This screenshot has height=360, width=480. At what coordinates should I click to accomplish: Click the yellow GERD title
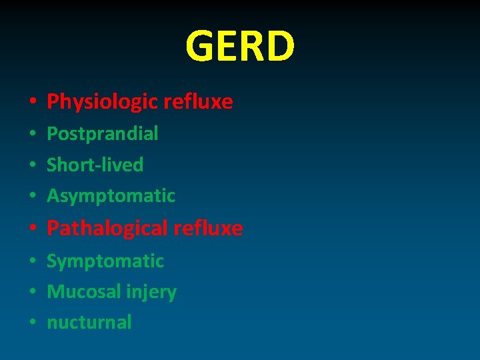tap(240, 46)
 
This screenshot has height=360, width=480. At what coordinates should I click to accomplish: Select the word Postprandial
tap(103, 133)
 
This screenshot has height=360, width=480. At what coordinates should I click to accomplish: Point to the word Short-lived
tap(95, 165)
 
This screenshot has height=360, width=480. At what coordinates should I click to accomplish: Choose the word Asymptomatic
tap(111, 196)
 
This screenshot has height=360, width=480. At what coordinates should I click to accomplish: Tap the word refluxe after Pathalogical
tap(208, 229)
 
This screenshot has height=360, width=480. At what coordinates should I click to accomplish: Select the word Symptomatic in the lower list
tap(105, 261)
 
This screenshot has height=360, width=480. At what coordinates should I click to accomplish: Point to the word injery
tap(151, 292)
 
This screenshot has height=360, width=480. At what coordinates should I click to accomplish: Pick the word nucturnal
tap(89, 323)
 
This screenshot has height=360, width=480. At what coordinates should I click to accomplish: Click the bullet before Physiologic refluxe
tap(32, 103)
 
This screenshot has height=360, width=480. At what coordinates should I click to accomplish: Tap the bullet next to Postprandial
tap(32, 134)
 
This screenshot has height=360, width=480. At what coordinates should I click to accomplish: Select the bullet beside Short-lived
tap(32, 165)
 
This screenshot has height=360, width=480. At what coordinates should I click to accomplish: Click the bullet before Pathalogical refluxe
tap(32, 229)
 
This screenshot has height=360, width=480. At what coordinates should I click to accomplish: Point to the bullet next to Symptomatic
tap(32, 261)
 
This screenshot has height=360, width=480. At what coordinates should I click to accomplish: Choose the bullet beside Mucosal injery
tap(32, 293)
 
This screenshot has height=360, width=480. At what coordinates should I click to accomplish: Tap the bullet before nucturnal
tap(32, 323)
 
